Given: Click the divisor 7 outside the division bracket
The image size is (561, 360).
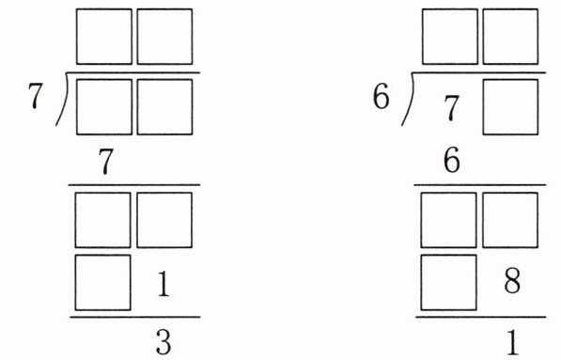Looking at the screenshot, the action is (36, 96).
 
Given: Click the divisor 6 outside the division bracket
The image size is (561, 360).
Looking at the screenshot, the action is (381, 96).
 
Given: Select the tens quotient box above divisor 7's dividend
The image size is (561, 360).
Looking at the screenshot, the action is (104, 37).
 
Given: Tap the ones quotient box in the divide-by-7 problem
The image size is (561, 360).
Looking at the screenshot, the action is (164, 37).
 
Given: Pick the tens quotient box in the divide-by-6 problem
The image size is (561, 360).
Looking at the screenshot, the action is (450, 37).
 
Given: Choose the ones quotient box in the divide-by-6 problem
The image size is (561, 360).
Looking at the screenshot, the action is (510, 37).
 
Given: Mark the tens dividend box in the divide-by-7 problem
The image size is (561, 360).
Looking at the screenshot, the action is (104, 107).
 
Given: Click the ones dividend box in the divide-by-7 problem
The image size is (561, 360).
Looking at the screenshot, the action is (164, 107).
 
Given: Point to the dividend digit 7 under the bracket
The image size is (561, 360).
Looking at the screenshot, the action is (451, 108).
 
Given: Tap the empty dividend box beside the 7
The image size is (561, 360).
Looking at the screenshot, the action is (510, 107).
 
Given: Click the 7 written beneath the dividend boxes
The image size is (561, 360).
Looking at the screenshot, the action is (105, 162).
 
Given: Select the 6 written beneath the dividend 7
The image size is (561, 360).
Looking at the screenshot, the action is (451, 161).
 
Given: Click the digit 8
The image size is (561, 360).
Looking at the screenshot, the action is (512, 280).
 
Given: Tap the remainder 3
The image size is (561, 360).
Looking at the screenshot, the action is (164, 342).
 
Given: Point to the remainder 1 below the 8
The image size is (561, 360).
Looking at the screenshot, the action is (513, 342).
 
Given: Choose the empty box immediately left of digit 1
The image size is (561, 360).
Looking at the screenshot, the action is (102, 283).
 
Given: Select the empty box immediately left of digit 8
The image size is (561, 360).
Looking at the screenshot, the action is (448, 283).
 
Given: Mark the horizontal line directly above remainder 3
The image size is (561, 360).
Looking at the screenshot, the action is (135, 317).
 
